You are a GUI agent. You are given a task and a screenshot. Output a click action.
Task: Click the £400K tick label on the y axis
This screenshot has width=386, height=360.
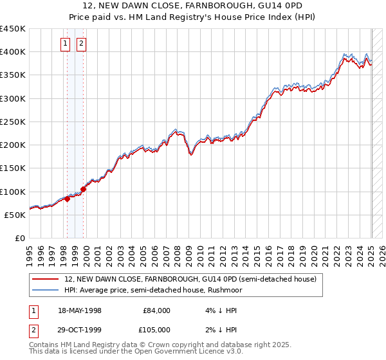[13, 52]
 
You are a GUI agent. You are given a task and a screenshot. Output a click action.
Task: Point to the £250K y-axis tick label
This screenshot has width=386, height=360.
[13, 122]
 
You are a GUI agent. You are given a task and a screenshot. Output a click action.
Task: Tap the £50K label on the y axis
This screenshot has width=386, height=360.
[15, 215]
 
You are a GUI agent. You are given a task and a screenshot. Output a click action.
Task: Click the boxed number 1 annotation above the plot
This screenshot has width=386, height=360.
[66, 44]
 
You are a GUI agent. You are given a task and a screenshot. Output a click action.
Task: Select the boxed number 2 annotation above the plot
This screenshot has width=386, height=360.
[82, 44]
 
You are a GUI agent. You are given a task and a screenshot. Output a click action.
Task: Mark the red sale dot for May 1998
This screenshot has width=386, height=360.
[67, 199]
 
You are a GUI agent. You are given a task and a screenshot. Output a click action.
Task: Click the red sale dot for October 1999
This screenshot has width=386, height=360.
[83, 190]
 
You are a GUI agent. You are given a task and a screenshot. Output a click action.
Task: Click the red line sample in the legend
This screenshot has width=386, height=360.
[46, 280]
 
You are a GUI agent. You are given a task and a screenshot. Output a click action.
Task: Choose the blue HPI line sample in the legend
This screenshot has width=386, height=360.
[46, 291]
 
